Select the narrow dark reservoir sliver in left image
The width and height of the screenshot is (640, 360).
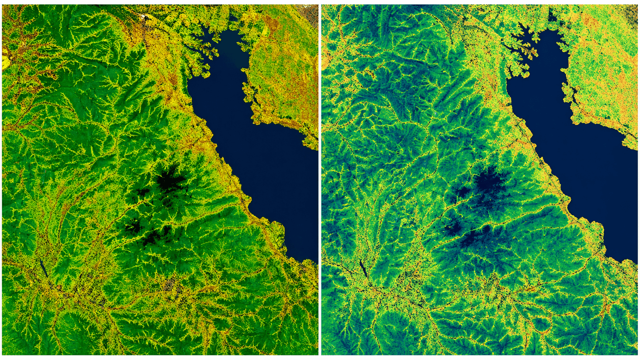click(43, 268)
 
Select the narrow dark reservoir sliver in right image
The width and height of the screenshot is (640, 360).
click(363, 268)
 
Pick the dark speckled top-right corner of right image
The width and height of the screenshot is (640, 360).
click(632, 11)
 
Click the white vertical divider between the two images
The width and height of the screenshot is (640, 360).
click(320, 180)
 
